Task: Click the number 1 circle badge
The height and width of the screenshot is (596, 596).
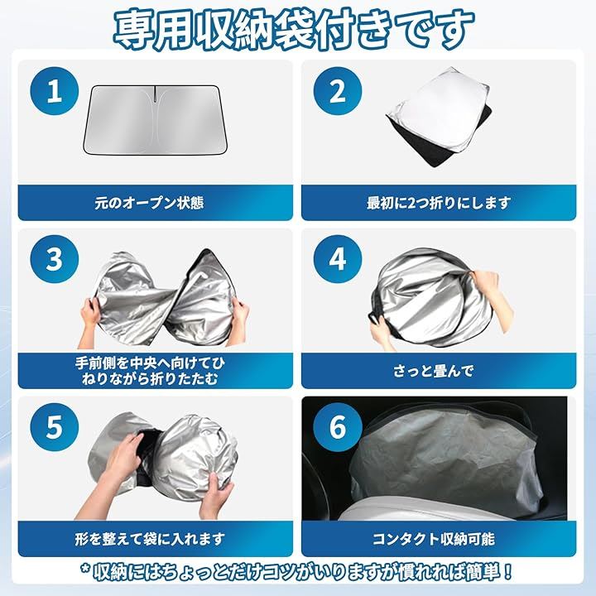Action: click(55, 91)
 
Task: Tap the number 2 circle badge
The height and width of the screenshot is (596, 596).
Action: click(338, 91)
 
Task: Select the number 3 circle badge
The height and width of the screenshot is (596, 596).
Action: click(55, 259)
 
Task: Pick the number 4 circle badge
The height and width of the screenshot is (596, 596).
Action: click(338, 259)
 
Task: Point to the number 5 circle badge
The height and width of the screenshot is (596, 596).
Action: click(55, 427)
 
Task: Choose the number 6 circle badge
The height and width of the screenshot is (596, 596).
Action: click(338, 427)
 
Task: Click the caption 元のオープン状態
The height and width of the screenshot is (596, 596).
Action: click(149, 203)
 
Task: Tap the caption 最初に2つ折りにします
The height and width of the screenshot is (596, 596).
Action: click(438, 203)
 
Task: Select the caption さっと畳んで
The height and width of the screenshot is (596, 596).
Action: click(433, 371)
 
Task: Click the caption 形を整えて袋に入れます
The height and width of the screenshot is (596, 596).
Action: click(150, 539)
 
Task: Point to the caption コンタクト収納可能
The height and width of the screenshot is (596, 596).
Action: click(433, 539)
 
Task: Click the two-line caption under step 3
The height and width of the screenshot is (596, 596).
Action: click(150, 371)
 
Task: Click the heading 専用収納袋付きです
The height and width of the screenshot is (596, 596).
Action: click(293, 29)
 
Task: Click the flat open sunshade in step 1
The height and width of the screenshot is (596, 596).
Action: click(156, 120)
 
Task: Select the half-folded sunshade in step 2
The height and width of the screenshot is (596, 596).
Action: click(439, 117)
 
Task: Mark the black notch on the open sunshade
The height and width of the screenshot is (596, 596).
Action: click(155, 94)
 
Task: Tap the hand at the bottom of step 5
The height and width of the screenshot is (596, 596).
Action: click(215, 496)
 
